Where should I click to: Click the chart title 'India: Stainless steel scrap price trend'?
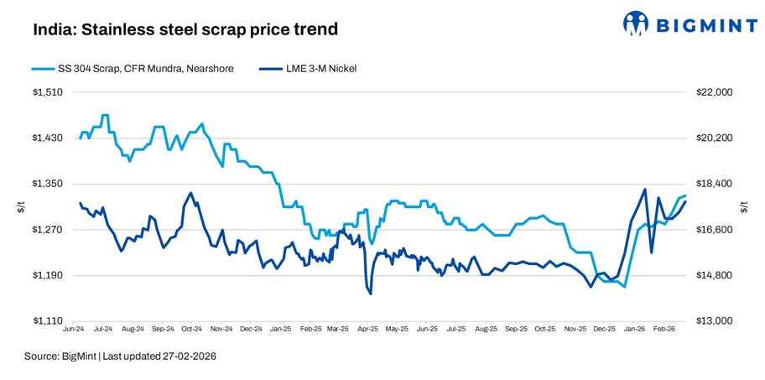pyautogui.click(x=185, y=29)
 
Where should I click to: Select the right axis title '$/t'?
pyautogui.click(x=744, y=207)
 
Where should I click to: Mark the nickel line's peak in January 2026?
pyautogui.click(x=644, y=190)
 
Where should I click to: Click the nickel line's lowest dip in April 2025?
pyautogui.click(x=370, y=293)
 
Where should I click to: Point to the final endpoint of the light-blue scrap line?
pyautogui.click(x=686, y=196)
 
